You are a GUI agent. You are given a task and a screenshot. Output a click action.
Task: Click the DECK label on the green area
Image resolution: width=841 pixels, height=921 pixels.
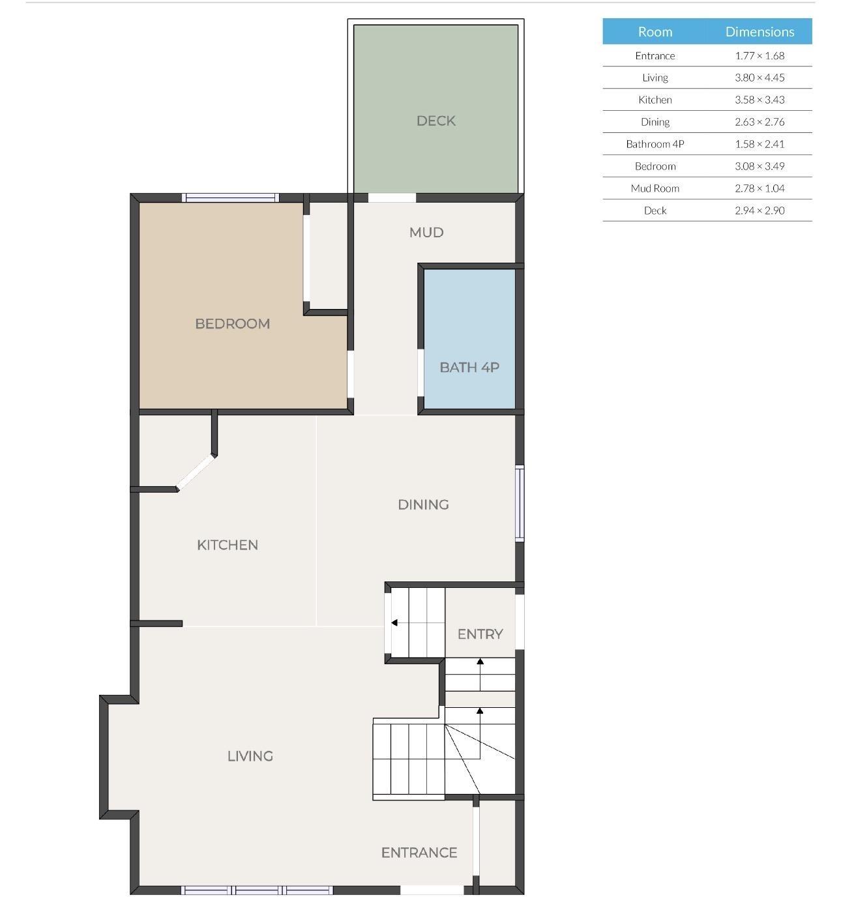coord(435,121)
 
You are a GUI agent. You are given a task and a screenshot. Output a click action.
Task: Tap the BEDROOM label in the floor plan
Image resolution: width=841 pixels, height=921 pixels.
coord(232,323)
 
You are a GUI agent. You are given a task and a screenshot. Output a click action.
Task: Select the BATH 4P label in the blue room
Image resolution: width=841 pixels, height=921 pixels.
coord(469,367)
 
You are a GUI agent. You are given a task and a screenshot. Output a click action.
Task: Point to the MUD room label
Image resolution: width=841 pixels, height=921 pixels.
coord(426,232)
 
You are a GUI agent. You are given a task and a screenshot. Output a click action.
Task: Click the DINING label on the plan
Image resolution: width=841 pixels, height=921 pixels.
coord(423,504)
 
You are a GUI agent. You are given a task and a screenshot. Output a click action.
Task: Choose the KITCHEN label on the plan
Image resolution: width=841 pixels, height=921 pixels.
coord(228,544)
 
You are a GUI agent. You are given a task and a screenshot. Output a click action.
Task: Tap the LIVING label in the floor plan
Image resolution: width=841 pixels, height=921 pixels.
coord(250,755)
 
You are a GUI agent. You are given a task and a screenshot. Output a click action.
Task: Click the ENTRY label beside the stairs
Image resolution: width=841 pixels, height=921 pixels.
coord(480,634)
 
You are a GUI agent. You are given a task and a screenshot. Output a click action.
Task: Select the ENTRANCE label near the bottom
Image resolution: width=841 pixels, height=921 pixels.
coord(419,852)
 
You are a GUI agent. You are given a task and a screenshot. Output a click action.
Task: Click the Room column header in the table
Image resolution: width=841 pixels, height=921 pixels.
coord(655,31)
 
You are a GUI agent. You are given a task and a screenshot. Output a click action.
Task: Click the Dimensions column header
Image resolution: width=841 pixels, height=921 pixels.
coord(760,31)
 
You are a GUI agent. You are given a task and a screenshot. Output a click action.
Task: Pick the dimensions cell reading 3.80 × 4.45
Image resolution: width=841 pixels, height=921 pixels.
coord(760,78)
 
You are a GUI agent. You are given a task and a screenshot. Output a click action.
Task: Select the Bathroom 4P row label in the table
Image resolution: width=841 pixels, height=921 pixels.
coord(655,144)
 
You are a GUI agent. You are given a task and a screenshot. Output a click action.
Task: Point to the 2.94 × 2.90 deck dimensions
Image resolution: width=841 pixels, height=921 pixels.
coord(760,211)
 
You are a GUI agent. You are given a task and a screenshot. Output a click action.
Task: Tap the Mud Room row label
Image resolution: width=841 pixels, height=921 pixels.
coord(655,188)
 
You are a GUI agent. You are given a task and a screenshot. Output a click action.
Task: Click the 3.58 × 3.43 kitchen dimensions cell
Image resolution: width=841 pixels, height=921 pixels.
coord(760,100)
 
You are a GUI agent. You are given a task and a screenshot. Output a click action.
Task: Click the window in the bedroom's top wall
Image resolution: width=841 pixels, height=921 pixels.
coord(230,197)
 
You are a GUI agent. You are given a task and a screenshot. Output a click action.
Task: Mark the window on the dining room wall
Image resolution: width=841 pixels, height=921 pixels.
coord(520,503)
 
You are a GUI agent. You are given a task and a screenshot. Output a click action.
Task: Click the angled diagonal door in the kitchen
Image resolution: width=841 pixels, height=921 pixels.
coord(196,472)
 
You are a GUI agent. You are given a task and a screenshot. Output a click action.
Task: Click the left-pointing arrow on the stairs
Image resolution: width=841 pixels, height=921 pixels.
coord(394,622)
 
